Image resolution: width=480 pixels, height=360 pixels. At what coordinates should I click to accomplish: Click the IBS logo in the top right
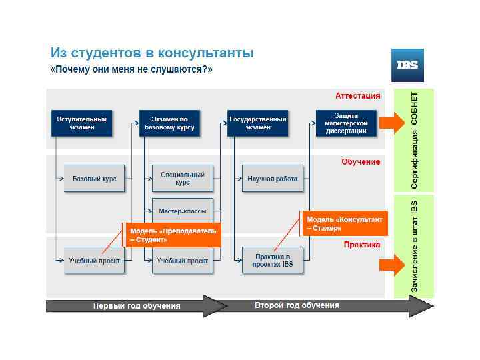[x=407, y=65]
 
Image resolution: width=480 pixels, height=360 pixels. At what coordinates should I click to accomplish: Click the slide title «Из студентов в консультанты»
[x=153, y=52]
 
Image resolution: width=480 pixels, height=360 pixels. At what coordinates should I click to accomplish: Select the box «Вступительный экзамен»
[x=81, y=123]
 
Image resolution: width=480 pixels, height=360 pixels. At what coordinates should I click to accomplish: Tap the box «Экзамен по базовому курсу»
[x=169, y=123]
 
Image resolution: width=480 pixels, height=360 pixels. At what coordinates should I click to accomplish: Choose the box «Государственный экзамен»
[x=258, y=123]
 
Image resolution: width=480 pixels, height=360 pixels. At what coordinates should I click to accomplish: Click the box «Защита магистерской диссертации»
[x=346, y=123]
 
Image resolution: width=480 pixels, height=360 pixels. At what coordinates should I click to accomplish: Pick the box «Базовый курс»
[x=94, y=179]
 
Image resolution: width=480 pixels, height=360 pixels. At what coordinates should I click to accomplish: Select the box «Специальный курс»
[x=183, y=179]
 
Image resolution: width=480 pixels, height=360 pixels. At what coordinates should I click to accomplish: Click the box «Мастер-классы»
[x=183, y=211]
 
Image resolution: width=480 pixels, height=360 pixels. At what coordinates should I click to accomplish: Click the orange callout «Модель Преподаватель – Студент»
[x=172, y=235]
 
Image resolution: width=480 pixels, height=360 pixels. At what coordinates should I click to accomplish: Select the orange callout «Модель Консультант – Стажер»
[x=344, y=223]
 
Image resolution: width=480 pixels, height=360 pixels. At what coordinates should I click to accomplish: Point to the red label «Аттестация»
[x=357, y=95]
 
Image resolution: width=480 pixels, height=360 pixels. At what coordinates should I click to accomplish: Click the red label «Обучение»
[x=361, y=161]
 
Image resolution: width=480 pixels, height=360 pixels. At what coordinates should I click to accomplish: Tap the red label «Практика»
[x=362, y=245]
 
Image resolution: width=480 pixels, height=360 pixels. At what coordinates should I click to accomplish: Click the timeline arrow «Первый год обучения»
[x=137, y=306]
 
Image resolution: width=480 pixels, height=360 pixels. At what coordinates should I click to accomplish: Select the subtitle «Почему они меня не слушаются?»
[x=132, y=69]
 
